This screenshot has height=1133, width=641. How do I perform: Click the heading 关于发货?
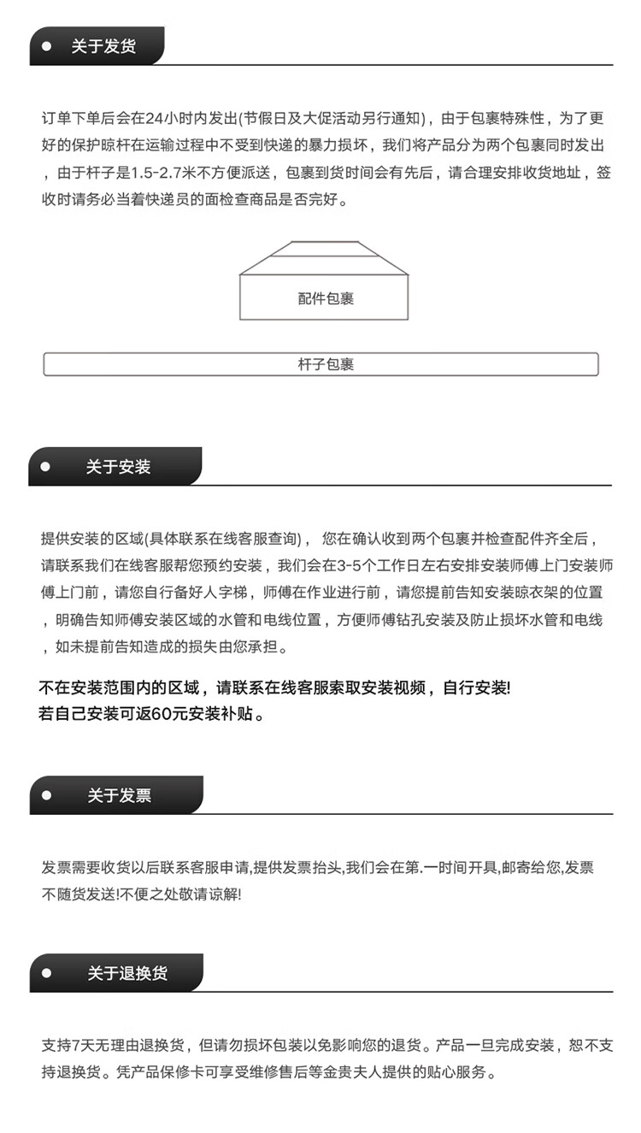[103, 46]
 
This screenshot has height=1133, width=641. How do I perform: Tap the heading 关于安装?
[118, 467]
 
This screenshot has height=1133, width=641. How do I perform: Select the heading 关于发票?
[119, 795]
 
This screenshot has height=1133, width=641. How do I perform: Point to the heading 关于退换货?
[127, 973]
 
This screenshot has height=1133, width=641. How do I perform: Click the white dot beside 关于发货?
[46, 46]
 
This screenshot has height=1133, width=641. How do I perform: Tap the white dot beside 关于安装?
[46, 467]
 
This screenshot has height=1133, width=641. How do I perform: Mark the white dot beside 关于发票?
[46, 795]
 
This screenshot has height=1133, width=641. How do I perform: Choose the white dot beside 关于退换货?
[46, 973]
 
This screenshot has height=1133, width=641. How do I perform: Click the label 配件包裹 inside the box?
[326, 298]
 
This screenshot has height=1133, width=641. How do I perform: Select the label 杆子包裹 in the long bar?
[321, 364]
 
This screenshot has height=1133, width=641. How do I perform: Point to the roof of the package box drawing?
[324, 257]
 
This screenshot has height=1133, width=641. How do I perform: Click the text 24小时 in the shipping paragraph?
[171, 118]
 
